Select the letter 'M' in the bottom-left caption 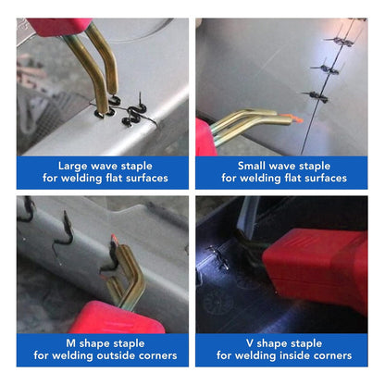[x=71, y=343]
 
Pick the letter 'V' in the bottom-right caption [x=250, y=343]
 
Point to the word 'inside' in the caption [x=295, y=355]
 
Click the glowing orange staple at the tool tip [x=292, y=118]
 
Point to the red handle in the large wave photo [x=58, y=27]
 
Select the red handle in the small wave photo [x=205, y=138]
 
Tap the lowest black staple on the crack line [x=316, y=96]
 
